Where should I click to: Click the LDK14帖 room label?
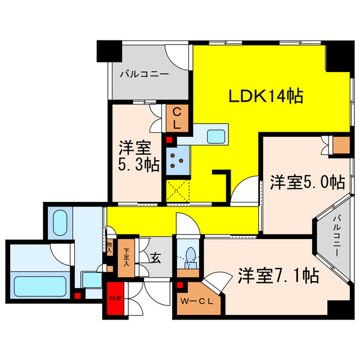click(x=265, y=96)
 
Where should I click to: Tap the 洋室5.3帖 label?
click(x=138, y=157)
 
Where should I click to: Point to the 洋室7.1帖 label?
click(x=278, y=275)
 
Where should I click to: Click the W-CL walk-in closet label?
click(x=197, y=301)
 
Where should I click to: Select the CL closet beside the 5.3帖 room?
click(x=177, y=119)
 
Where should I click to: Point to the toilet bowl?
click(x=190, y=255)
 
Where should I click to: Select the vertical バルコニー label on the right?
click(x=336, y=236)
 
